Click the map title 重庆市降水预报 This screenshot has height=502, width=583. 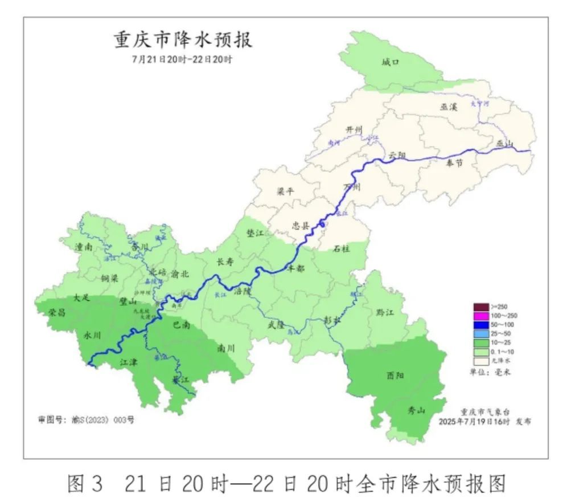pyautogui.click(x=183, y=40)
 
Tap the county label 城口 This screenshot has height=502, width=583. pyautogui.click(x=390, y=62)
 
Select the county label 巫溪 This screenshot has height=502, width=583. pyautogui.click(x=449, y=107)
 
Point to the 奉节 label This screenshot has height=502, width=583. pyautogui.click(x=454, y=163)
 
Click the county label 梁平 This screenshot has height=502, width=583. pyautogui.click(x=285, y=191)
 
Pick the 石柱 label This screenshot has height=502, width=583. pyautogui.click(x=341, y=248)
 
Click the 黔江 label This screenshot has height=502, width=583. pyautogui.click(x=385, y=312)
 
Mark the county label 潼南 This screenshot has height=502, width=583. pyautogui.click(x=84, y=247)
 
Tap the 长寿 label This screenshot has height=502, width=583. pyautogui.click(x=225, y=262)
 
